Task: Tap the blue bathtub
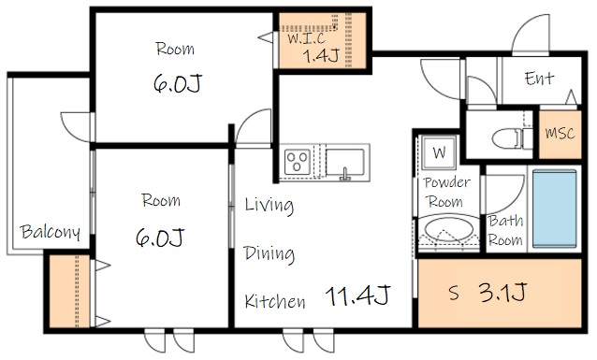(554, 209)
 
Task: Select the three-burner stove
(298, 162)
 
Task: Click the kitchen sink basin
(345, 163)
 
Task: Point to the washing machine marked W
(439, 152)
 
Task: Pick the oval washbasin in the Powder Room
(449, 229)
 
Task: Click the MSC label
(560, 133)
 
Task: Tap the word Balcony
(51, 232)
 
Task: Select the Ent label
(539, 79)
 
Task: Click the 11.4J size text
(357, 295)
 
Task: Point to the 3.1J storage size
(502, 292)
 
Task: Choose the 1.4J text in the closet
(321, 56)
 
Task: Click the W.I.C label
(307, 38)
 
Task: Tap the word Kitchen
(275, 301)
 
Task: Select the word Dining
(269, 254)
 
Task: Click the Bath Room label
(505, 231)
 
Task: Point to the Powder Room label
(446, 193)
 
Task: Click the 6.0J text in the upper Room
(178, 83)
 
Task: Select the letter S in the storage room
(454, 293)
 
